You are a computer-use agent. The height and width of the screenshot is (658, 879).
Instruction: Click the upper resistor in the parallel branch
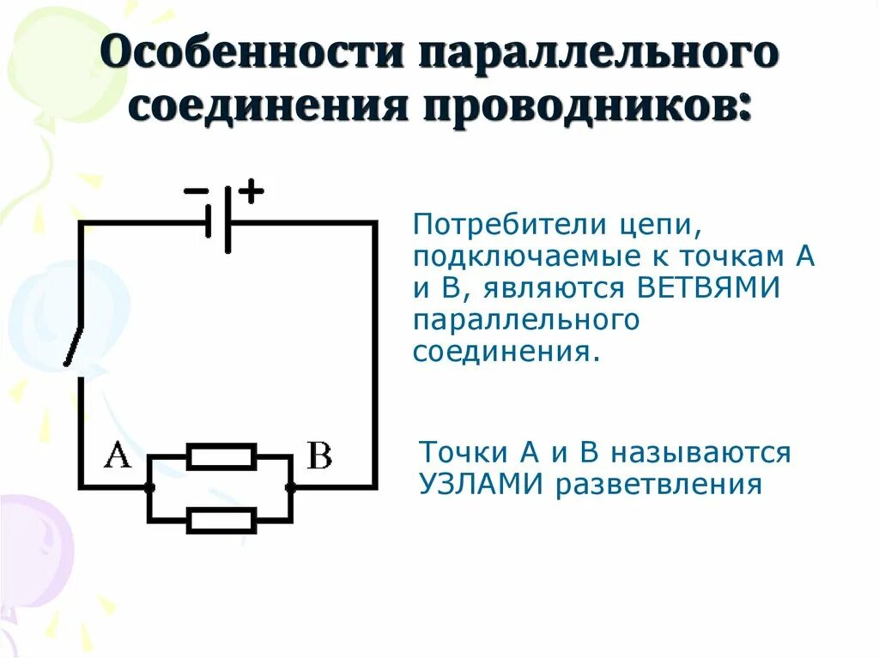[x=221, y=456]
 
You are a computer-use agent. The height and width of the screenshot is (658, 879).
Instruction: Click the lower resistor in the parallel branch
[x=221, y=520]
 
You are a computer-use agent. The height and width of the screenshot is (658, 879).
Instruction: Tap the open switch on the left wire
[x=75, y=347]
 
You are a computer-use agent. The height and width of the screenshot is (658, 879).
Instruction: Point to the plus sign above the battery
[x=250, y=190]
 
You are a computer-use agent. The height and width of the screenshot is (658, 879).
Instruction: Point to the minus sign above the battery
[x=196, y=190]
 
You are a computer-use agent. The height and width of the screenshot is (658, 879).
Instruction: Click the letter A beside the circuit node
[x=117, y=455]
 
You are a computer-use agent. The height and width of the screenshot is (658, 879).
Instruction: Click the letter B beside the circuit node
[x=318, y=456]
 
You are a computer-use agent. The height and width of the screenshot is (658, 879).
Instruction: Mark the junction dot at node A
[x=149, y=487]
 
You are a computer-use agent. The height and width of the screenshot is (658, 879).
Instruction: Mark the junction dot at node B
[x=290, y=487]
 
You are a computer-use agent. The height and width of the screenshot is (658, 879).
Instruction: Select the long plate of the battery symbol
[x=227, y=221]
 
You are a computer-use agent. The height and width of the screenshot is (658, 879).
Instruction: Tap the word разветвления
[x=659, y=486]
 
